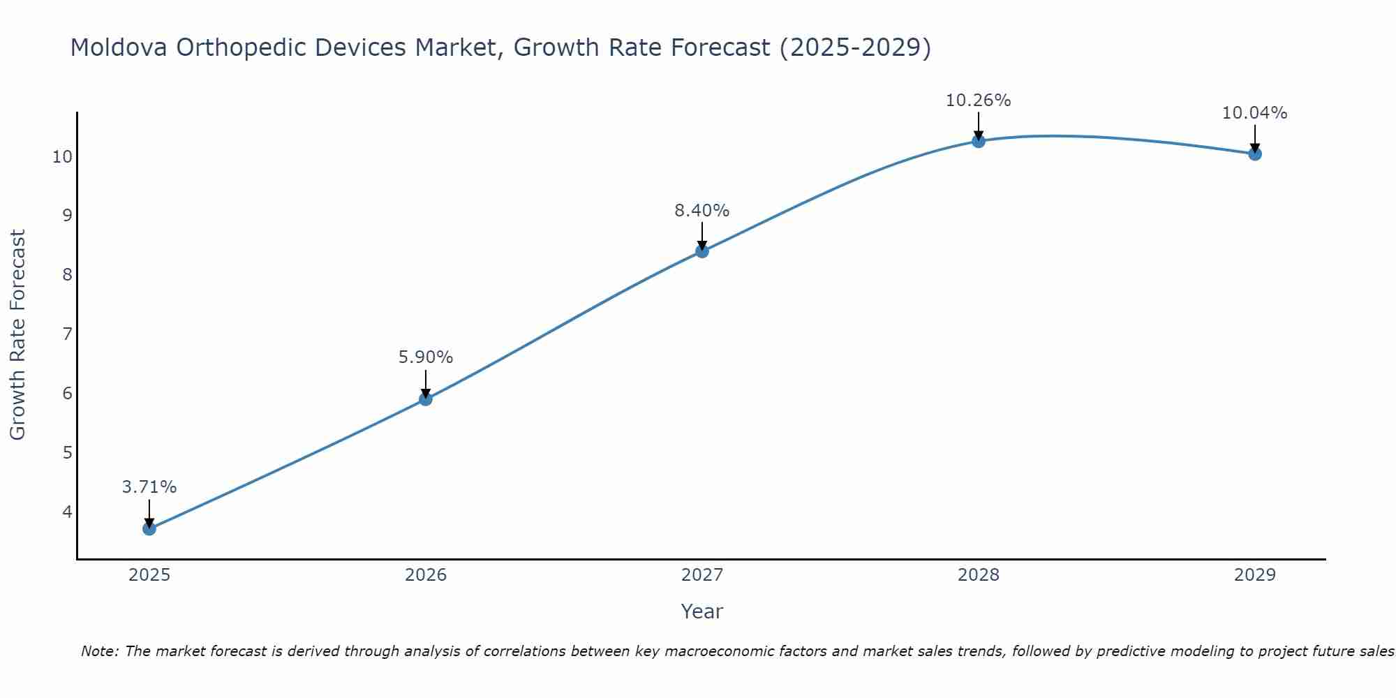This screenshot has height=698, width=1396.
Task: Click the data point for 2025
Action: click(149, 528)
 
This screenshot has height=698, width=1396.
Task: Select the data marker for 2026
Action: click(426, 399)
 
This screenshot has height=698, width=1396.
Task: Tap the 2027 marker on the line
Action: click(702, 251)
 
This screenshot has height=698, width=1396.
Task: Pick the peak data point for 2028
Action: click(979, 141)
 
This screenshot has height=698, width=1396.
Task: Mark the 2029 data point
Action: click(1255, 154)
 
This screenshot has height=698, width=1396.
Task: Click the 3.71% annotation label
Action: click(149, 487)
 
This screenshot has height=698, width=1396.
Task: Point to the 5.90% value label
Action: click(426, 357)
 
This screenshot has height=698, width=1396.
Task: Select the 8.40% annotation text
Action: click(702, 210)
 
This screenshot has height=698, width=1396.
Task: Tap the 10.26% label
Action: click(979, 101)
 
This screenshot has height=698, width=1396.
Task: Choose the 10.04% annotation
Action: click(1255, 113)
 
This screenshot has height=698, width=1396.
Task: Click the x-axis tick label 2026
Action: click(426, 575)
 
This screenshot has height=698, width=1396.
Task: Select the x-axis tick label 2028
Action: click(979, 575)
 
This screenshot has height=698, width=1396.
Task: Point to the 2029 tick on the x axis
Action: click(1255, 575)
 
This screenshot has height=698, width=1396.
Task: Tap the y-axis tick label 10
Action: click(62, 156)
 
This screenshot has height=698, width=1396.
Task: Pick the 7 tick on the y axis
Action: click(67, 334)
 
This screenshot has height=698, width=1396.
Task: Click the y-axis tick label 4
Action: click(67, 512)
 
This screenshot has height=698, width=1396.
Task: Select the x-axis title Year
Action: click(701, 611)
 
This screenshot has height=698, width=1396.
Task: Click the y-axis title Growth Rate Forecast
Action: click(18, 335)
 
